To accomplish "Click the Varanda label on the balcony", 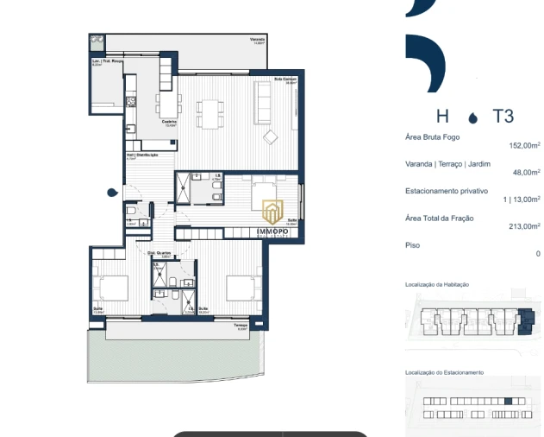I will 257,40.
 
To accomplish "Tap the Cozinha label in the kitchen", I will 169,122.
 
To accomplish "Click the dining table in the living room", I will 209,110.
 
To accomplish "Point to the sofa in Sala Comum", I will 261,98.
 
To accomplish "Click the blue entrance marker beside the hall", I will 112,192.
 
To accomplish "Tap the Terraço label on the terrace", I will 240,326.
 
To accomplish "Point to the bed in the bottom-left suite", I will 112,288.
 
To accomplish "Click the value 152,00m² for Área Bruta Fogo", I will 524,146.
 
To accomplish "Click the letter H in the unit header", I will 442,117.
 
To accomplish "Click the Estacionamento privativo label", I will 447,190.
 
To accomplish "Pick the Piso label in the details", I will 412,245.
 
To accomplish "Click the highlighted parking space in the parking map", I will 508,401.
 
